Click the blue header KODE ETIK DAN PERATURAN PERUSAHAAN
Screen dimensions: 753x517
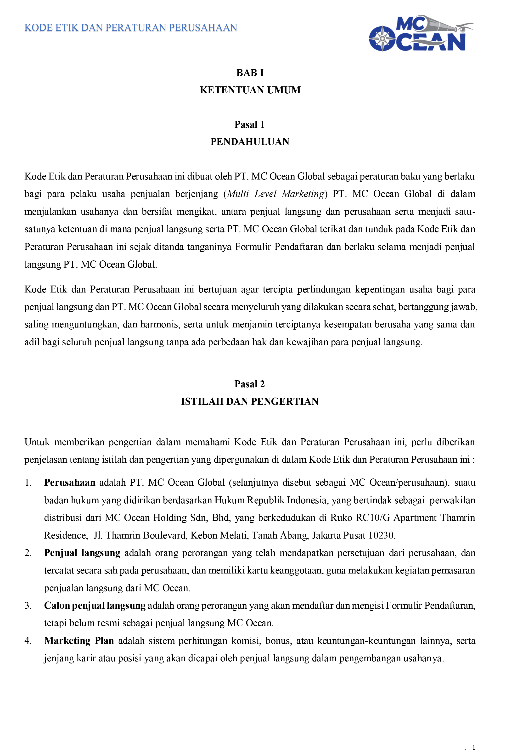(x=131, y=28)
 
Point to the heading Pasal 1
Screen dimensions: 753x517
(x=249, y=125)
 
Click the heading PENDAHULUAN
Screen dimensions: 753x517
(x=250, y=142)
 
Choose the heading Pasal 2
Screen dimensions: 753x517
(x=249, y=384)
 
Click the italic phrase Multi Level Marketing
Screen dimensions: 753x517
(x=275, y=194)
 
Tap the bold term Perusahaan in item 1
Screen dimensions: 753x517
(x=70, y=483)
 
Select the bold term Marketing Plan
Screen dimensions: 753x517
(x=79, y=641)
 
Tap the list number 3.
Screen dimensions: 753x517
(x=28, y=606)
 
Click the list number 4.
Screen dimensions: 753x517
(x=28, y=641)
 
